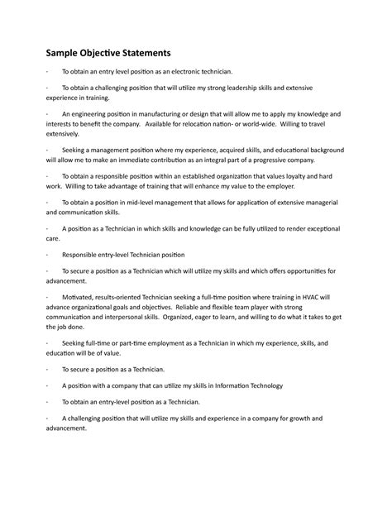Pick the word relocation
[213, 122]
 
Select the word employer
[278, 187]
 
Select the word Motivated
[78, 295]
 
